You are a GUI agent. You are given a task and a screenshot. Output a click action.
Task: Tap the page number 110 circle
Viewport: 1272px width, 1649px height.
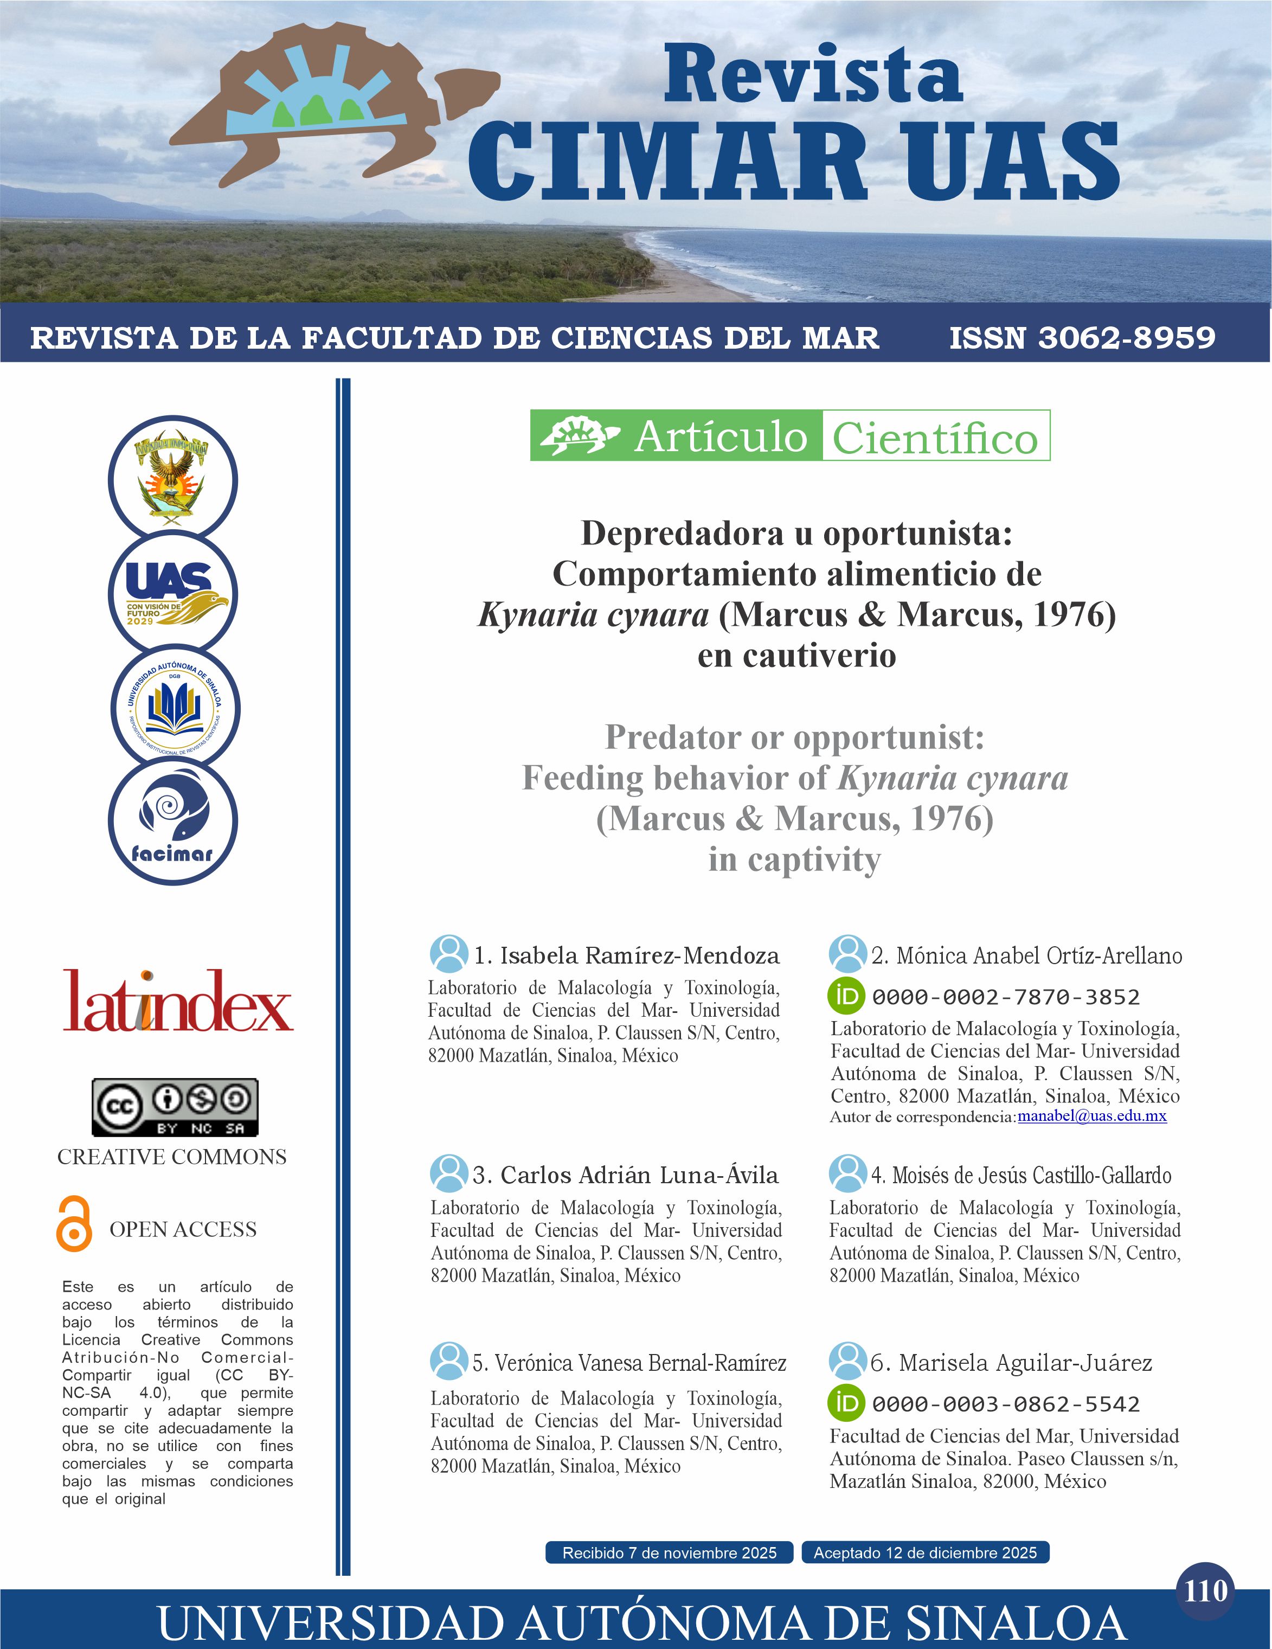pyautogui.click(x=1205, y=1591)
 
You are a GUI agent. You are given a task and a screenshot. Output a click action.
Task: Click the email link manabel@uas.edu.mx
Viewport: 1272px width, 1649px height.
pyautogui.click(x=1091, y=1115)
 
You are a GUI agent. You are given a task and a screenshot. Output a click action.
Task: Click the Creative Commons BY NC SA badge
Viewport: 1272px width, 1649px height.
pyautogui.click(x=175, y=1107)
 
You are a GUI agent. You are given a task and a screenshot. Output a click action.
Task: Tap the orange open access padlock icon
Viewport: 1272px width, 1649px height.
pyautogui.click(x=74, y=1224)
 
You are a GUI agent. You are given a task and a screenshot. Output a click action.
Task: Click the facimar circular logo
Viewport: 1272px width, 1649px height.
pyautogui.click(x=173, y=822)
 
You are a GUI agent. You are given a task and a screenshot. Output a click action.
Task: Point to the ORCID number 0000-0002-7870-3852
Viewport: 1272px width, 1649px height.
pyautogui.click(x=1006, y=997)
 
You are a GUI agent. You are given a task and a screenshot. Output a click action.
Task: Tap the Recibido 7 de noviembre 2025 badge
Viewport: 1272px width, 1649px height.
pyautogui.click(x=669, y=1552)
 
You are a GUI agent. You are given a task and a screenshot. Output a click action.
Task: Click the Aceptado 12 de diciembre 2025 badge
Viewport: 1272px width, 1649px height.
pyautogui.click(x=925, y=1552)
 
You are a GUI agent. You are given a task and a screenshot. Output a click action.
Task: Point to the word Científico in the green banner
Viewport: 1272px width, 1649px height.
pyautogui.click(x=935, y=437)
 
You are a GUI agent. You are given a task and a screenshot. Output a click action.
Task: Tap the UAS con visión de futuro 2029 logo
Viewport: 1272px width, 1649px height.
pyautogui.click(x=173, y=593)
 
